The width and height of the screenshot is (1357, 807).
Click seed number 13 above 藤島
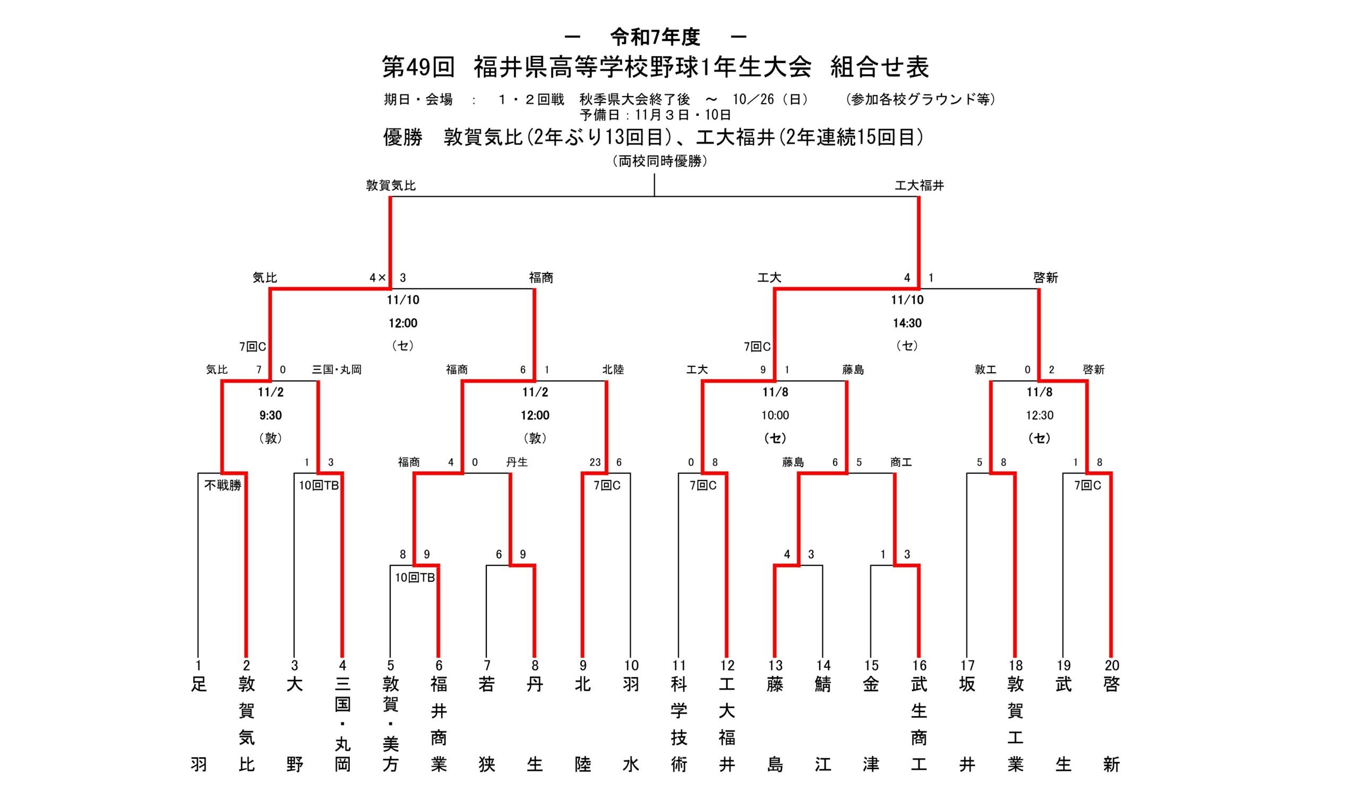click(775, 665)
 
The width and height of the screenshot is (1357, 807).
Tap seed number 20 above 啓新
click(1111, 665)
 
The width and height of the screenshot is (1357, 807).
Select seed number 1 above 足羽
click(199, 665)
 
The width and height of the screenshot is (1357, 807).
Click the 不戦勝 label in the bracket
click(222, 485)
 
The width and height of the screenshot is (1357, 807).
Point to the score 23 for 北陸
click(595, 462)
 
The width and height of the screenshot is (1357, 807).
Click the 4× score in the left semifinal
click(377, 278)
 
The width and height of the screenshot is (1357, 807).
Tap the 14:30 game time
click(907, 323)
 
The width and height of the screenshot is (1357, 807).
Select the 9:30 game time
click(270, 416)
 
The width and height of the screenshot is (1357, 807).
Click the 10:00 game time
click(775, 416)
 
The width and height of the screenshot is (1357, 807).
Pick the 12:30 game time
click(1040, 416)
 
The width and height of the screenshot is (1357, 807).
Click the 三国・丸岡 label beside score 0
click(337, 370)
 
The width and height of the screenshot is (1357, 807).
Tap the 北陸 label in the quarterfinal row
click(613, 370)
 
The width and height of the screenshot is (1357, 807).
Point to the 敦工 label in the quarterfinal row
click(985, 370)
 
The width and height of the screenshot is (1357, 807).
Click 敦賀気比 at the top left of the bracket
click(390, 185)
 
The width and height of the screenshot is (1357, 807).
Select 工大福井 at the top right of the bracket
click(920, 185)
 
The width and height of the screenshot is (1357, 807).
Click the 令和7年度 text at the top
click(655, 37)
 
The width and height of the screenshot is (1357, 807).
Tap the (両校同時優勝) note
click(659, 161)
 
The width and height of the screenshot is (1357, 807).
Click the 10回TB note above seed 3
click(319, 485)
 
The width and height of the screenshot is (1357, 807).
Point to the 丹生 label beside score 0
click(517, 462)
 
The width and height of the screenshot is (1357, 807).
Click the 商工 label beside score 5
click(901, 462)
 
